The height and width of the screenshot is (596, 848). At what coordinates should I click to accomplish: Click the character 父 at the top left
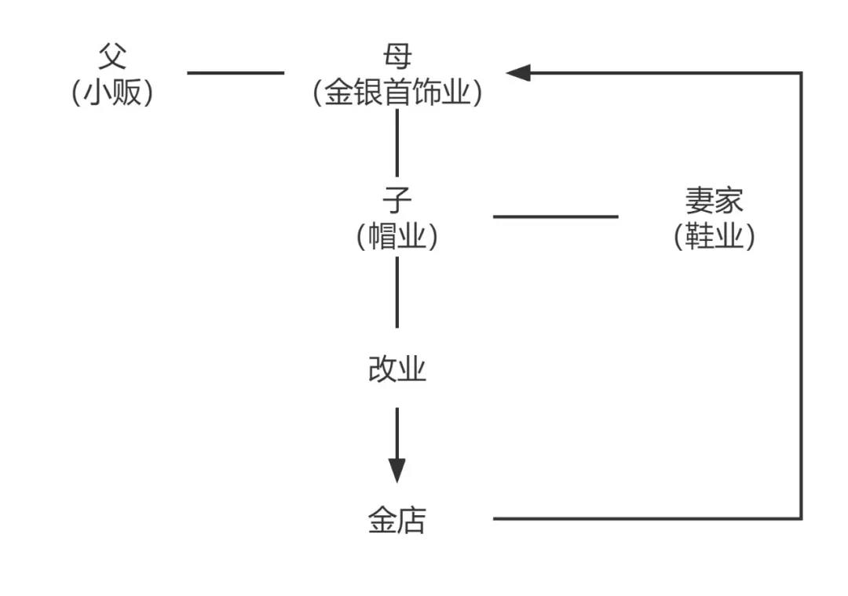112,56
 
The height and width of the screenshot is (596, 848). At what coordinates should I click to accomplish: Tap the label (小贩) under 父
112,93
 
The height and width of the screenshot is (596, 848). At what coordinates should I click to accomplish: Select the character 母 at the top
397,56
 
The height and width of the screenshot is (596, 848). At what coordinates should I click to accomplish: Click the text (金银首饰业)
397,93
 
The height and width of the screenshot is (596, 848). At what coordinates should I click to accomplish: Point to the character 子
397,201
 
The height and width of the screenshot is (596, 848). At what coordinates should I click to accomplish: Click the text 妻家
714,201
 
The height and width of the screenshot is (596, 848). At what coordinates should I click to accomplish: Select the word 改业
397,369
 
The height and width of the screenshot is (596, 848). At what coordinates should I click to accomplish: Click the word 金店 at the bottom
397,520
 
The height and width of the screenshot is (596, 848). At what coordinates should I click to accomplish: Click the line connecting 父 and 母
236,73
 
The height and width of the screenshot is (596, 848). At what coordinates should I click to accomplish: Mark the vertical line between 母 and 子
397,143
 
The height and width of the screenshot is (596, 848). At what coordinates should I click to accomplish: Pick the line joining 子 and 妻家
555,216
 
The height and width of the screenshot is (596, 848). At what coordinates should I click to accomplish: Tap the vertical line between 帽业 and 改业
397,292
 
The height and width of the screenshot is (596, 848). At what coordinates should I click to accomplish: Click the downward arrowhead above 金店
397,471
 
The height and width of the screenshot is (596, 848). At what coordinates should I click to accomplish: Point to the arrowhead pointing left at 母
518,73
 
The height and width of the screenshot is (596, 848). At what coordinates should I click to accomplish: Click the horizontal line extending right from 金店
644,518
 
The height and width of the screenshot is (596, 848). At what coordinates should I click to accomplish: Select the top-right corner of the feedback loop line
801,73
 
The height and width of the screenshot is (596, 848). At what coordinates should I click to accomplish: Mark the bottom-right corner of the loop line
801,518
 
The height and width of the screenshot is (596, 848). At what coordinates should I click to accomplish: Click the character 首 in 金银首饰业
397,93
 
